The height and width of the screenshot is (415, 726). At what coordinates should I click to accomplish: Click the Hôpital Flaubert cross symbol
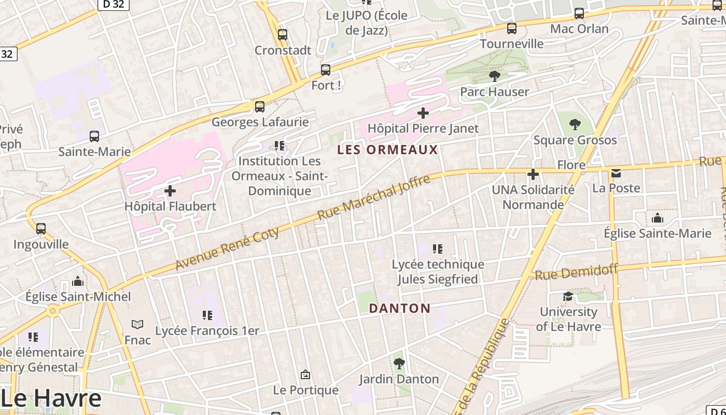pos(170,191)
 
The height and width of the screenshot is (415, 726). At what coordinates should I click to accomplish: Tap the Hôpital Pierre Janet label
pos(423,128)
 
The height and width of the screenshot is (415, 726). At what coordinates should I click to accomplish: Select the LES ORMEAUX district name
pos(387,150)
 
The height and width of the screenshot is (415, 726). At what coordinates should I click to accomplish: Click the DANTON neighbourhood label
pos(399,308)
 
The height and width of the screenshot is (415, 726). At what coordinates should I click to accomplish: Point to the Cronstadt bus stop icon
pos(283,35)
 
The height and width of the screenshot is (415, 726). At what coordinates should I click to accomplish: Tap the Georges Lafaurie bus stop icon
pos(260,107)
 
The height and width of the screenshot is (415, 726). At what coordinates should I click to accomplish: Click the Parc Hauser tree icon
pos(495,76)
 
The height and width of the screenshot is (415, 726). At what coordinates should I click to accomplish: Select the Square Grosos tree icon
pos(575,125)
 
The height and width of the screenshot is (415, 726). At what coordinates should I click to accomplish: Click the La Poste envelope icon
pos(616,173)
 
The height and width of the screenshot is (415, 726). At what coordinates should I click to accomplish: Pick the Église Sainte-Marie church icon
pos(658,218)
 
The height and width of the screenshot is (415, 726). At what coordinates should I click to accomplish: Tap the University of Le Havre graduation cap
pos(568,296)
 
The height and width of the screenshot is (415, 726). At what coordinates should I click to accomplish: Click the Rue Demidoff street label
pos(576,271)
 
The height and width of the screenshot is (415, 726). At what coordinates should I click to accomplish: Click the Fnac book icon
pos(137,325)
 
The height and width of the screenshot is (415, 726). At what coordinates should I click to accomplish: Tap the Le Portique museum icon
pos(305,374)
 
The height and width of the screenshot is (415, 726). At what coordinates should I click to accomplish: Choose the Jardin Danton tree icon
pos(399,364)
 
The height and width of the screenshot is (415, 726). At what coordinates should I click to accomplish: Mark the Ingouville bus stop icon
pos(41,228)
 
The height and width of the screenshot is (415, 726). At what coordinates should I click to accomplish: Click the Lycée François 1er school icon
pos(207,315)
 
